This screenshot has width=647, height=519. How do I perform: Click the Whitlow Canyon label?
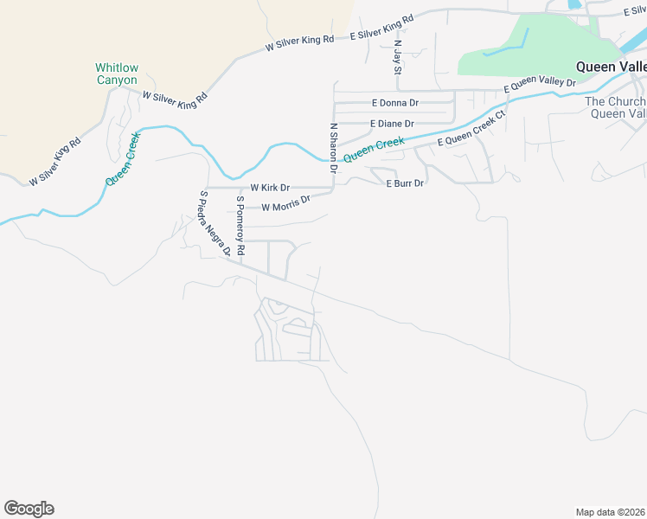click(117, 74)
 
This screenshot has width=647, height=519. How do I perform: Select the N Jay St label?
click(398, 55)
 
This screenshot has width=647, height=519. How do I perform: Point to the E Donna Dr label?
click(394, 102)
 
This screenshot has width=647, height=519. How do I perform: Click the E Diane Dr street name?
click(392, 124)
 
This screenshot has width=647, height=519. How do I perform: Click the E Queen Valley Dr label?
click(540, 85)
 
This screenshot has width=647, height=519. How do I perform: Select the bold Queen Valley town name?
click(611, 67)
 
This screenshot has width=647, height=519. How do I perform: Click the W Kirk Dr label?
click(270, 187)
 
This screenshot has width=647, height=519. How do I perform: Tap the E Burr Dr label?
click(405, 183)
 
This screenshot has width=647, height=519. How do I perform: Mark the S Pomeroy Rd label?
click(241, 226)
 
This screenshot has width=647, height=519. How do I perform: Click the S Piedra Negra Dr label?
click(215, 224)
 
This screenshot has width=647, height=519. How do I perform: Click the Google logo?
click(29, 509)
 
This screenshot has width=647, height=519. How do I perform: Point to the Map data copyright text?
click(610, 512)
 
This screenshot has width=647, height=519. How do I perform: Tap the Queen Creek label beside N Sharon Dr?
click(374, 150)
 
